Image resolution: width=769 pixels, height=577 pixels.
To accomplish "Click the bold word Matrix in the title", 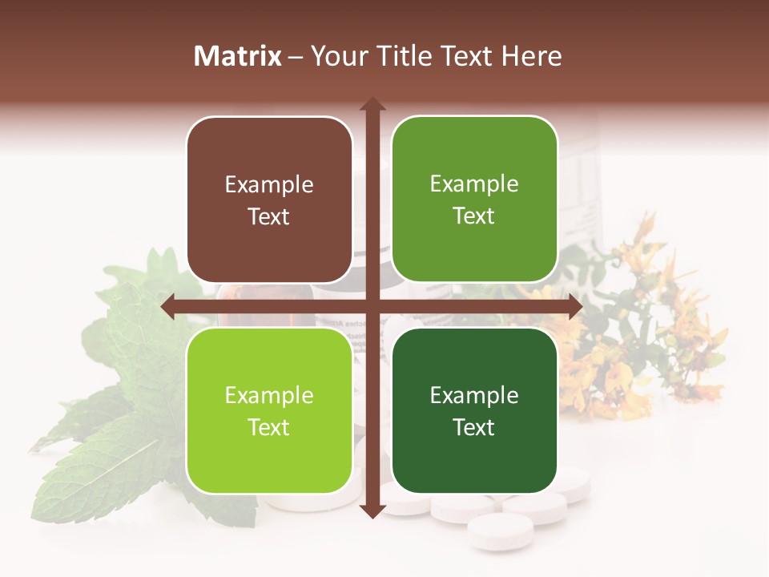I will pyautogui.click(x=238, y=56).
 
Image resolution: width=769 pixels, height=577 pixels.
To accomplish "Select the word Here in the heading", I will pyautogui.click(x=531, y=56).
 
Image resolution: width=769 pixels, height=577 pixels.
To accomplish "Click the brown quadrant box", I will pyautogui.click(x=269, y=200).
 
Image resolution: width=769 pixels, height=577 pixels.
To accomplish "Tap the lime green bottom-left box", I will pyautogui.click(x=269, y=410).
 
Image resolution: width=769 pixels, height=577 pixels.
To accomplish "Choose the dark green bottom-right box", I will pyautogui.click(x=474, y=410).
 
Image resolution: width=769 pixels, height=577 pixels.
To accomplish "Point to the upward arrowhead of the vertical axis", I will pyautogui.click(x=372, y=104).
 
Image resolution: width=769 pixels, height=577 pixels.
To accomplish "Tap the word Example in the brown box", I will pyautogui.click(x=269, y=185).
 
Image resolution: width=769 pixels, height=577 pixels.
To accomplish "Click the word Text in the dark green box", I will pyautogui.click(x=474, y=427).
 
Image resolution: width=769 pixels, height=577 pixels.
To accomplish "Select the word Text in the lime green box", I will pyautogui.click(x=269, y=427).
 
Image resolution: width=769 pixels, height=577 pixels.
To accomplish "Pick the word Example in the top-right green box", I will pyautogui.click(x=474, y=184).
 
